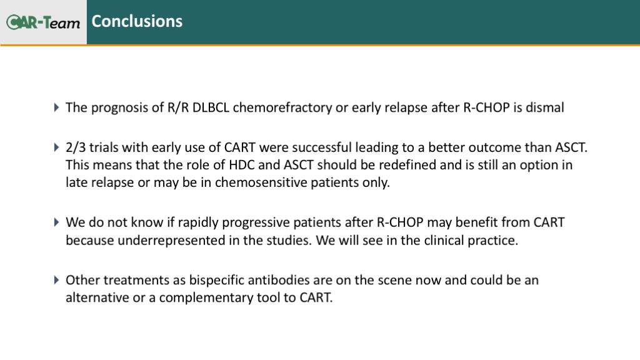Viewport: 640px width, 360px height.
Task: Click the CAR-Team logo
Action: click(43, 22)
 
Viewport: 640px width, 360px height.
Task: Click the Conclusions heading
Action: click(137, 21)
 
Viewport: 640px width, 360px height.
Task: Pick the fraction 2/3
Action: click(76, 147)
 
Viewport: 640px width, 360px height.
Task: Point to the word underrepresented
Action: click(171, 241)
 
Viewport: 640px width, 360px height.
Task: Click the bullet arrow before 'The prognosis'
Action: click(57, 107)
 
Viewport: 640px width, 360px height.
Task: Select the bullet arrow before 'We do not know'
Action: click(57, 222)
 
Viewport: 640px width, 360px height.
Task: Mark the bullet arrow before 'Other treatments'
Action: click(57, 280)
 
